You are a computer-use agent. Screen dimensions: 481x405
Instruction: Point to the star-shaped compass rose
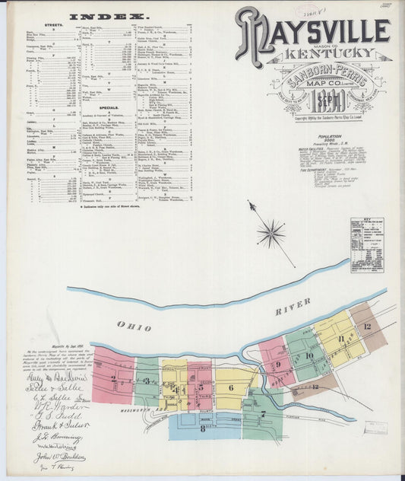pos(270,232)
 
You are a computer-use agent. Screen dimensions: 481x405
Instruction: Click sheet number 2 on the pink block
pos(113,377)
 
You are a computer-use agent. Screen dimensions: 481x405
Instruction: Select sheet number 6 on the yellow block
pos(230,387)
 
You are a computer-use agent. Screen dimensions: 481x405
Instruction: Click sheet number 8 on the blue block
pos(203,428)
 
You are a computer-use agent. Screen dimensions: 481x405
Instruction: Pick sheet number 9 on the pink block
pos(278,365)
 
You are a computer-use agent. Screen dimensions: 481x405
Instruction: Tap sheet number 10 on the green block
pos(308,355)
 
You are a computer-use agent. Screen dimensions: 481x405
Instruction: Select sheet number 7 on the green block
pos(263,415)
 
